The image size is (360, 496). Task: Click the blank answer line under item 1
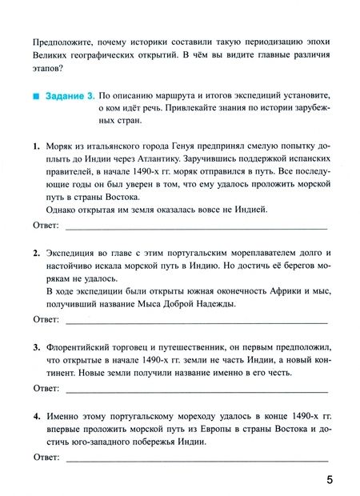click(x=196, y=229)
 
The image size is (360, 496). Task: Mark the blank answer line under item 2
click(x=196, y=322)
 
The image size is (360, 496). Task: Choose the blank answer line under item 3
click(x=196, y=391)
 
